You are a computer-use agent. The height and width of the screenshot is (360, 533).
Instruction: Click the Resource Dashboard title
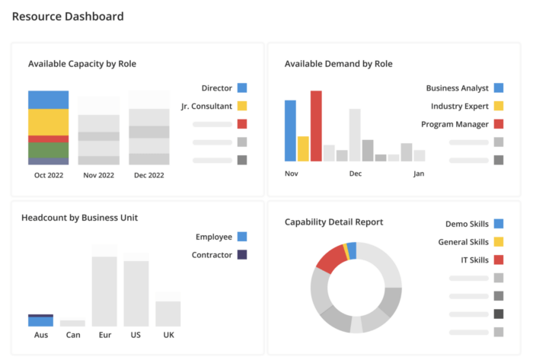[x=68, y=16]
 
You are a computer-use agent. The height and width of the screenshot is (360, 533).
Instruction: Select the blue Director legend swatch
[x=241, y=88]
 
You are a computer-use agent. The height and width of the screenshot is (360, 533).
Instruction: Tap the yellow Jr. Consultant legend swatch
[x=241, y=106]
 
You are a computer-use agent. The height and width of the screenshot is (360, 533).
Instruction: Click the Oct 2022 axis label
[x=48, y=174]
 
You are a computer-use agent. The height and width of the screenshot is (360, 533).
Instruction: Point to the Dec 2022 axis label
[x=148, y=174]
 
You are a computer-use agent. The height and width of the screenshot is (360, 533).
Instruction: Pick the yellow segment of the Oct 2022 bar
[x=48, y=122]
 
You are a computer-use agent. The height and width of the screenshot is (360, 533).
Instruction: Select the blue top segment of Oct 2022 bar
[x=48, y=100]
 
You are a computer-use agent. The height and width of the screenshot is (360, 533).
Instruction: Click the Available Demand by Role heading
[x=338, y=64]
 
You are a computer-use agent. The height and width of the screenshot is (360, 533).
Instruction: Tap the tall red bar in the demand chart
[x=316, y=126]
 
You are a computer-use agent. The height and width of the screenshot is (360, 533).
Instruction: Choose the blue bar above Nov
[x=290, y=130]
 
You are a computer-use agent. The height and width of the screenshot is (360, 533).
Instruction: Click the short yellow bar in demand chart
[x=303, y=148]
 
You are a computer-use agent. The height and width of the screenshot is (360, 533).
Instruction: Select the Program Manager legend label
[x=455, y=124]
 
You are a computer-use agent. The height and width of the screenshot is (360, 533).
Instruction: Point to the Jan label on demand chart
[x=419, y=174]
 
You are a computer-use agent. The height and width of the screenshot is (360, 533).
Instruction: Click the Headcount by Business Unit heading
[x=79, y=218]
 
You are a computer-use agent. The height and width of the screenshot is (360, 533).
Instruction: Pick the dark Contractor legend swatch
[x=241, y=255]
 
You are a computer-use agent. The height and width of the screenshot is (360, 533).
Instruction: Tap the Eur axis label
[x=104, y=335]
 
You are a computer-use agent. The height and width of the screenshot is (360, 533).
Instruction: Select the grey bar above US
[x=136, y=293]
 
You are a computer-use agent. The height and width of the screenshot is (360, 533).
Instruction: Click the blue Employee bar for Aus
[x=40, y=322]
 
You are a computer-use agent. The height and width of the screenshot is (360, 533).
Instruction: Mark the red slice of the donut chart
[x=330, y=259]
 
